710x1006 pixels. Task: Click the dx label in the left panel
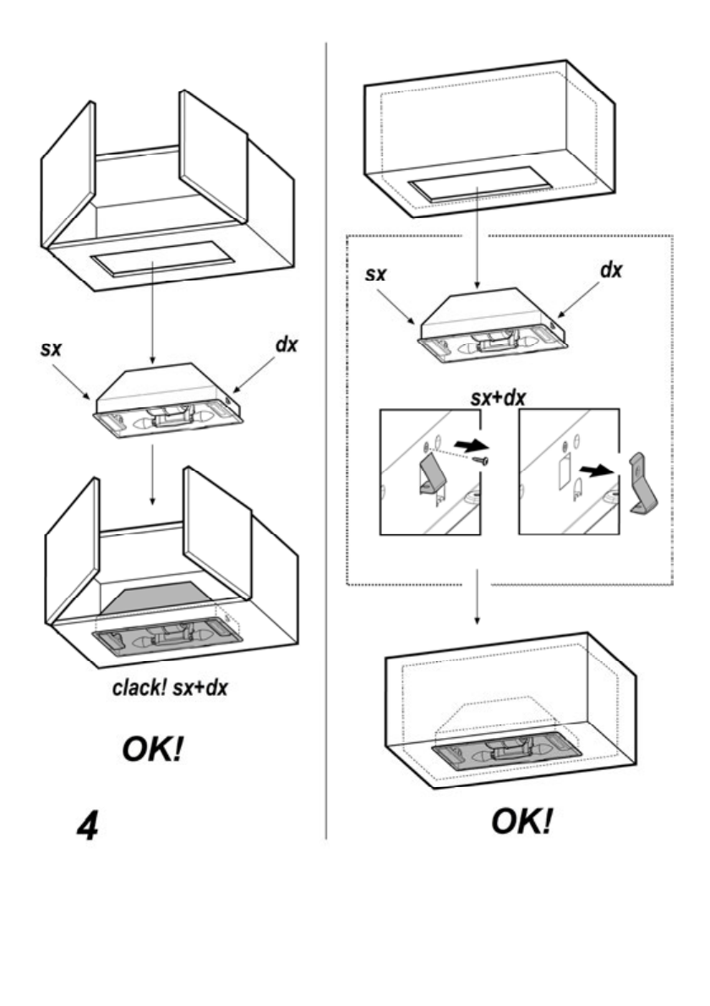point(287,347)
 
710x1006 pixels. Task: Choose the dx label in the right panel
point(610,271)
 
